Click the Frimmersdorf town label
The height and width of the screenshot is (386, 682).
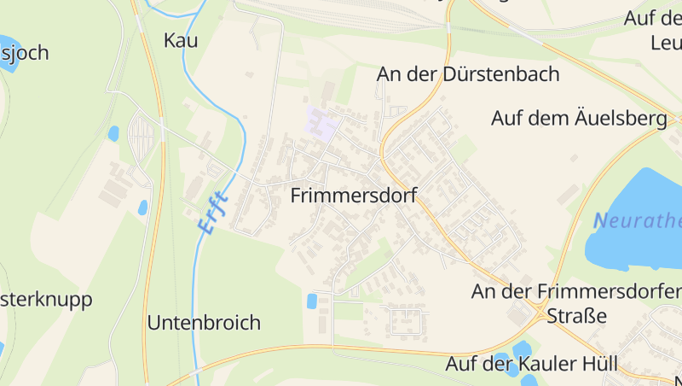tap(353, 196)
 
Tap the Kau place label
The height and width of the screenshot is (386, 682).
tap(180, 40)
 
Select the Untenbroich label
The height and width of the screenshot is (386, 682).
tap(204, 323)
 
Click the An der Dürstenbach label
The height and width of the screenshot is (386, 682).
tap(468, 74)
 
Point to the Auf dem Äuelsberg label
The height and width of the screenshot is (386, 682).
tap(579, 119)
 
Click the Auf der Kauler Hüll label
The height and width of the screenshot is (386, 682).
tap(531, 364)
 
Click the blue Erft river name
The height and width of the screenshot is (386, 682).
tap(212, 211)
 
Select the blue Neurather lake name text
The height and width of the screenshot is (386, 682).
tap(638, 222)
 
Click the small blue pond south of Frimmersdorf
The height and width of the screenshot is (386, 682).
tap(312, 301)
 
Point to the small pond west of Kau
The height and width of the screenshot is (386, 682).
tap(113, 133)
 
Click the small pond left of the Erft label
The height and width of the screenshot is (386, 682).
tap(142, 207)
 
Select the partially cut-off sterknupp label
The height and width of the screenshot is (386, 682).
tap(46, 301)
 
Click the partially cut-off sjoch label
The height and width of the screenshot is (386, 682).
tap(26, 53)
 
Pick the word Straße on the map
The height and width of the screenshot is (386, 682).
tap(576, 316)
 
